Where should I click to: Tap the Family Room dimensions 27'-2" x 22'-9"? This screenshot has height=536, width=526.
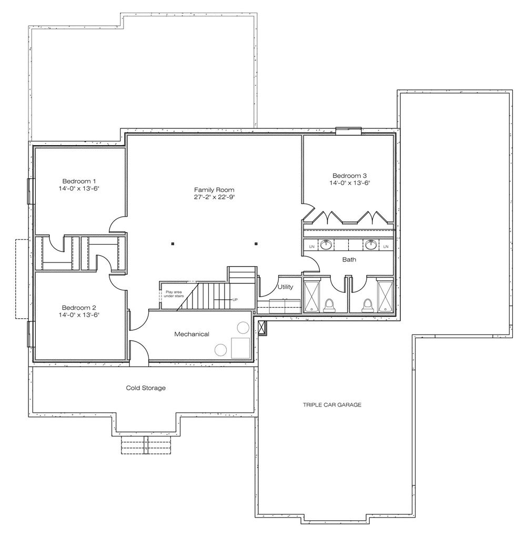[x=214, y=197]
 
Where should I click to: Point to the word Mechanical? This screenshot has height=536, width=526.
[x=192, y=334]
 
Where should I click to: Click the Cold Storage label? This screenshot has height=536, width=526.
[x=146, y=388]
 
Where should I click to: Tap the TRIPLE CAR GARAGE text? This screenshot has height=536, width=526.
[x=332, y=404]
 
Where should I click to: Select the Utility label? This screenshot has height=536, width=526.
[x=285, y=287]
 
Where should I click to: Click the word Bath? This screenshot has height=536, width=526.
[x=349, y=259]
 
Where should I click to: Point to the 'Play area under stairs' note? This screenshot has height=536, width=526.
[x=174, y=294]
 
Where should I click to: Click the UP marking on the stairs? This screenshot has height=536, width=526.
[x=235, y=300]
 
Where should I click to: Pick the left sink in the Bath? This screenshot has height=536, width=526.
[x=326, y=245]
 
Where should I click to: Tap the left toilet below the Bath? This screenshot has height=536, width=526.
[x=329, y=305]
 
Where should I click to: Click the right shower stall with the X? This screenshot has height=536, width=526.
[x=385, y=296]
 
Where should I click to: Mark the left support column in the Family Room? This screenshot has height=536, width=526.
[x=173, y=244]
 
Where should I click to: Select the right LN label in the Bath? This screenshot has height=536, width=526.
[x=386, y=247]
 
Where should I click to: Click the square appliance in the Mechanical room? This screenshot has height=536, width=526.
[x=240, y=348]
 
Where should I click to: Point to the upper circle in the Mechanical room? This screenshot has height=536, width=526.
[x=243, y=328]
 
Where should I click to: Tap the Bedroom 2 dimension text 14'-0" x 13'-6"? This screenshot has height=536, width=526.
[x=78, y=315]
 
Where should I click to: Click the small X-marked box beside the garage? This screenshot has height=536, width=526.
[x=262, y=328]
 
